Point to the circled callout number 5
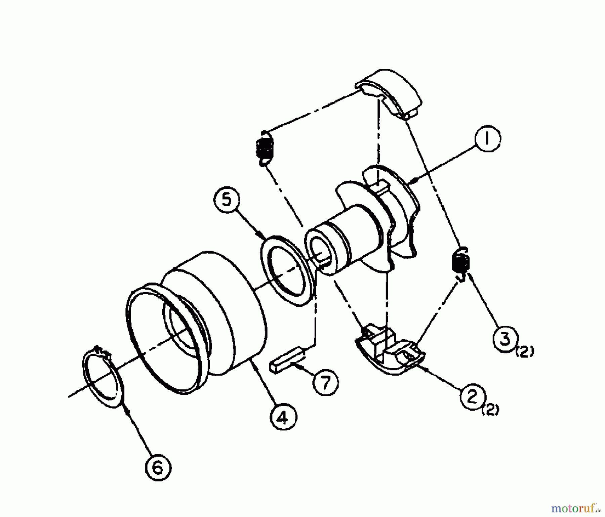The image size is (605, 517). point(226,201)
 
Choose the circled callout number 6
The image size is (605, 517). point(158,467)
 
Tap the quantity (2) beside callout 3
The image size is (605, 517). point(526,353)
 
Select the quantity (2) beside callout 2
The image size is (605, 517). point(491,411)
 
